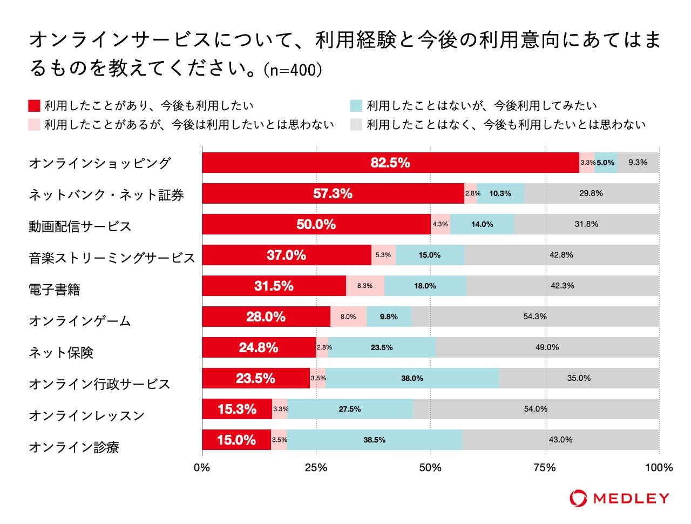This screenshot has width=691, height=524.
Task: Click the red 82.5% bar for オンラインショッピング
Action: click(390, 163)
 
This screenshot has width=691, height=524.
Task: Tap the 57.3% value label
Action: click(333, 193)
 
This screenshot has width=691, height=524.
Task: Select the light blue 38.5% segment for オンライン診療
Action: click(375, 440)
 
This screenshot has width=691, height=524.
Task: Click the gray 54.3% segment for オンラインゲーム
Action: click(534, 317)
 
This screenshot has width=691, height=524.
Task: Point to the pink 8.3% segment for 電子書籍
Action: click(365, 286)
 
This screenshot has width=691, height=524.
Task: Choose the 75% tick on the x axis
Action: click(545, 468)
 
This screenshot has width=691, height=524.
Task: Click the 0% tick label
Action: click(202, 468)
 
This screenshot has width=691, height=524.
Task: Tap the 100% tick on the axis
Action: click(659, 468)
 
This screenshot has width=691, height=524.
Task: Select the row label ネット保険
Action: click(61, 353)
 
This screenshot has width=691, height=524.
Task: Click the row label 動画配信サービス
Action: click(80, 226)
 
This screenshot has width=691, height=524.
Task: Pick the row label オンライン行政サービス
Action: click(99, 384)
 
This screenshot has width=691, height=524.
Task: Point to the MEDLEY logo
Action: click(619, 498)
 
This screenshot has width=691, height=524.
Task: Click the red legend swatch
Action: click(34, 105)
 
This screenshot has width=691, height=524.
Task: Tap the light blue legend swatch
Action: click(356, 105)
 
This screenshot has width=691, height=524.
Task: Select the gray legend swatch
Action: click(356, 125)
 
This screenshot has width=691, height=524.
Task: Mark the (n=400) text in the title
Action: click(292, 70)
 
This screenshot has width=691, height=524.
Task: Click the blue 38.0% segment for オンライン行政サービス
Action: click(412, 378)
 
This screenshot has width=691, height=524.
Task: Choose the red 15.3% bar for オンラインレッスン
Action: click(237, 409)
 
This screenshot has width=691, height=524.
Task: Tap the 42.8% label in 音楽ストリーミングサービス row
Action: click(561, 255)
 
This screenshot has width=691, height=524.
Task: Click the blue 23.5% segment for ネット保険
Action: click(382, 347)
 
